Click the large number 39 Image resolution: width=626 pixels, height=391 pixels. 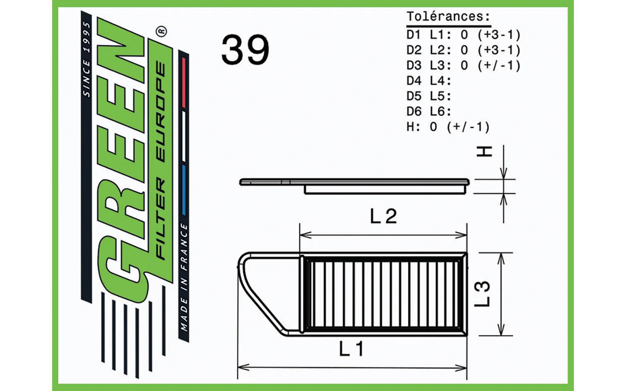click(x=245, y=50)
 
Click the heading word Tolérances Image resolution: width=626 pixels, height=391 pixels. click(x=448, y=17)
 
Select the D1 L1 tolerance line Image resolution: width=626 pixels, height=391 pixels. click(x=463, y=35)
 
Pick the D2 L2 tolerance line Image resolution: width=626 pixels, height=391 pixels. click(x=463, y=50)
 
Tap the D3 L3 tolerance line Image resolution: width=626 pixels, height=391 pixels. click(x=463, y=65)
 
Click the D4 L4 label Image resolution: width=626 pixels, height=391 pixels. click(x=429, y=81)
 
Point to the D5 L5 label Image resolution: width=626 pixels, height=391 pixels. click(x=429, y=96)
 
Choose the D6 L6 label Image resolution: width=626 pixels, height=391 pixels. click(x=429, y=111)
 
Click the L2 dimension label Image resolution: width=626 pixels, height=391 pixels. click(x=383, y=216)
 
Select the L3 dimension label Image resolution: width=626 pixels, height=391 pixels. click(x=482, y=294)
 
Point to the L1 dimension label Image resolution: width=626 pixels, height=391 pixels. click(x=351, y=349)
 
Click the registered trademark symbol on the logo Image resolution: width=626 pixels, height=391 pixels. click(x=161, y=31)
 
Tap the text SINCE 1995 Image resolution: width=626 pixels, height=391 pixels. click(x=86, y=60)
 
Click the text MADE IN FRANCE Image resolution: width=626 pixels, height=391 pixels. click(x=184, y=277)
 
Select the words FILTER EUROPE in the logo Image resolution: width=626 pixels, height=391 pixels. click(x=161, y=161)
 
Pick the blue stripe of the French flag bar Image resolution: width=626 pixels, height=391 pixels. click(x=183, y=190)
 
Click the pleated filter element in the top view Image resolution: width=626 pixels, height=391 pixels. click(x=383, y=294)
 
